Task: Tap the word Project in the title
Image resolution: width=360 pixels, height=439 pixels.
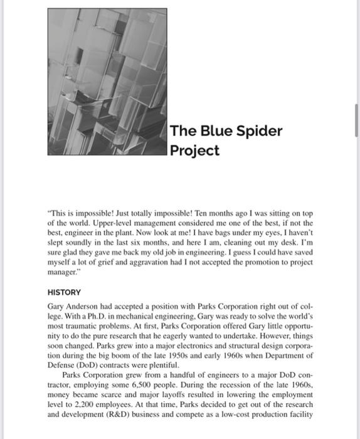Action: [195, 151]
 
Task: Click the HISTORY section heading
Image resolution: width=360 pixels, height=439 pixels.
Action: [64, 292]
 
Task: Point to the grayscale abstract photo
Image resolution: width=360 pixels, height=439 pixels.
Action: [107, 82]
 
